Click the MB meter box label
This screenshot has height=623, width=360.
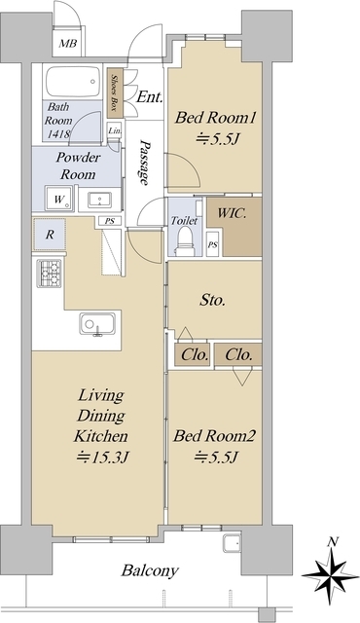click(68, 43)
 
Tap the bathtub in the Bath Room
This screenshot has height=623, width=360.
click(73, 82)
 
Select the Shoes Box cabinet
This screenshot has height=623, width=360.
click(115, 92)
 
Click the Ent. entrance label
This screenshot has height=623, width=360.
click(149, 97)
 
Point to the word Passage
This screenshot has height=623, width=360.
click(145, 163)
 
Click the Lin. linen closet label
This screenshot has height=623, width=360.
click(115, 130)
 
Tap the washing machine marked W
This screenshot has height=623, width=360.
click(58, 199)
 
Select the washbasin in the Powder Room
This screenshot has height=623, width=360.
click(99, 199)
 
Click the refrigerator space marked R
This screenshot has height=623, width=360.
click(50, 235)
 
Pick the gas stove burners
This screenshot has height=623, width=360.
click(50, 274)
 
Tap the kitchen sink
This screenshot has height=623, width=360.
click(97, 324)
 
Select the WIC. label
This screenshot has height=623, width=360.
click(232, 212)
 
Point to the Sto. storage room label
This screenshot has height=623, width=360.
click(213, 300)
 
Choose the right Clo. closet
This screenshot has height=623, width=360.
click(238, 354)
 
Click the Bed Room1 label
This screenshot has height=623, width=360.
click(216, 118)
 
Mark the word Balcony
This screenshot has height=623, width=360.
click(150, 571)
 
